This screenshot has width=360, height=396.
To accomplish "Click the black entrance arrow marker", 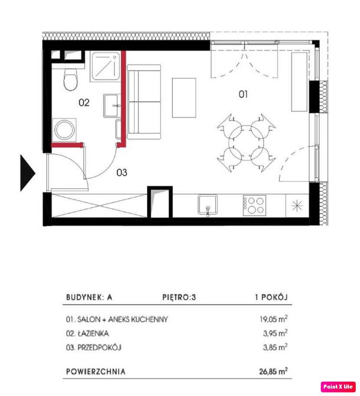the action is pos(27,173).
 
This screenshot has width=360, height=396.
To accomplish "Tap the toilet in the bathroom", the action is pos(70,79).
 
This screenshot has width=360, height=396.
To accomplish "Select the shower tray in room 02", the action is pos(105,66).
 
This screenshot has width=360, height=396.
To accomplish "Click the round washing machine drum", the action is pos(64,130).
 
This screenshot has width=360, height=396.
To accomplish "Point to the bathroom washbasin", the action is pos(111,106).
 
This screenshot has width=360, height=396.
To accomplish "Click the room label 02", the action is pos(84,103).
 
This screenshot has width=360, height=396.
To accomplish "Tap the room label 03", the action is pos(121,172).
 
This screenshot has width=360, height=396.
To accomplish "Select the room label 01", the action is pos(243,94).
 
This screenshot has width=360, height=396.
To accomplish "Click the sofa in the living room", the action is pos(144,102).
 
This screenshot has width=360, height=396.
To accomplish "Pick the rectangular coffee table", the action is pos(184,98).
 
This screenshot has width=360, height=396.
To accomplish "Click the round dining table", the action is pos(246,143).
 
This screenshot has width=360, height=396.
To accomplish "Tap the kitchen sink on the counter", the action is pos(208,205).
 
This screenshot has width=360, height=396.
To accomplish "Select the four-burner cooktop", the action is pos(254,205).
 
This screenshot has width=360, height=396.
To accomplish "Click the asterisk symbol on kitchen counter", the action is pos(297,205).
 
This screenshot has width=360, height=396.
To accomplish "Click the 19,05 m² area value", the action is pos(274,319).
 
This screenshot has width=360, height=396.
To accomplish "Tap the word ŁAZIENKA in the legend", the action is pos(93,334).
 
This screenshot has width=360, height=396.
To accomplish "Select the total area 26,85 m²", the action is pos(273,371).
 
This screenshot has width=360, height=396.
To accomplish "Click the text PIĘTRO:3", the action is pos(179,297).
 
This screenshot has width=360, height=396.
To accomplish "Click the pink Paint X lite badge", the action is pos(338,386).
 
